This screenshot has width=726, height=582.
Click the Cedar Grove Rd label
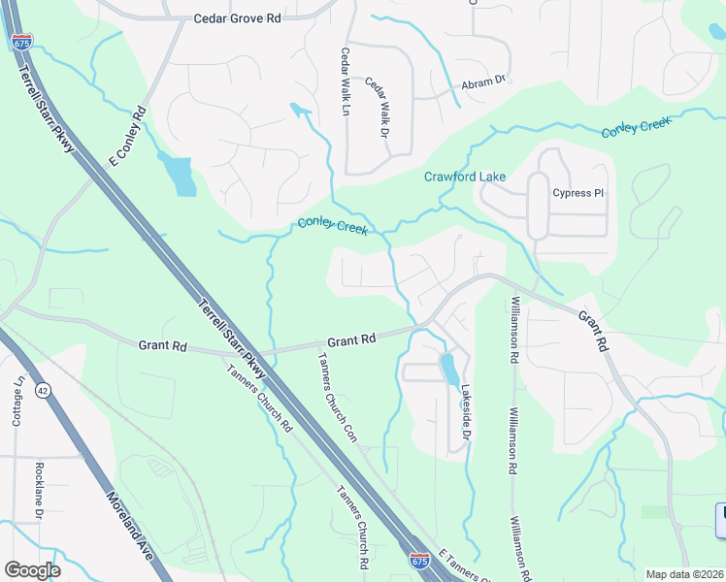[x=238, y=17]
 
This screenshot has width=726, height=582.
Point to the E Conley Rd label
[x=128, y=135]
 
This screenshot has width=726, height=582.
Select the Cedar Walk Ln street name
[x=344, y=83]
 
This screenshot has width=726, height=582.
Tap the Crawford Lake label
[x=465, y=177]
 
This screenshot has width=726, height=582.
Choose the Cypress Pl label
[x=577, y=193]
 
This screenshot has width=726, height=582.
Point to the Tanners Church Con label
[x=337, y=397]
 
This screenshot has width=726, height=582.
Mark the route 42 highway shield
[x=42, y=389]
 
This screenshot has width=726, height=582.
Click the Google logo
[x=32, y=570]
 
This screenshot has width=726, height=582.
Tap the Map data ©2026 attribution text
[x=684, y=574]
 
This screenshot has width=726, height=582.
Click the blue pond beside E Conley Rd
[x=179, y=175]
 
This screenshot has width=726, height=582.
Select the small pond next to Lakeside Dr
[x=449, y=370]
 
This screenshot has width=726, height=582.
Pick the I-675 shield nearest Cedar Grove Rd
[x=22, y=42]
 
